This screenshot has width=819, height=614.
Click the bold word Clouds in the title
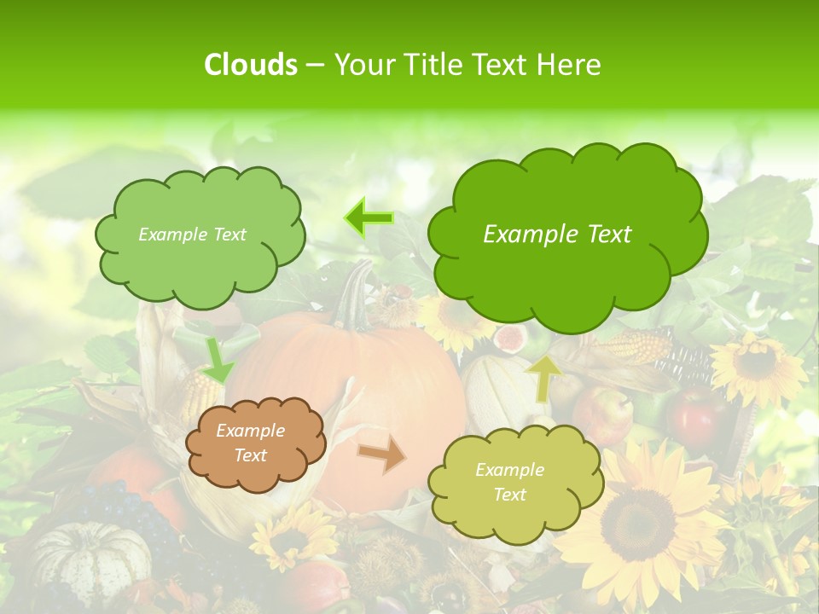[x=251, y=65]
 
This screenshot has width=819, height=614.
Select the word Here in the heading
[x=571, y=65]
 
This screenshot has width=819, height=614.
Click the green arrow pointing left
[x=369, y=217]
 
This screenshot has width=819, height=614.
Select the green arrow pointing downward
[x=218, y=359]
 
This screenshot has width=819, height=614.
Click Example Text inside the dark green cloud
[x=557, y=235]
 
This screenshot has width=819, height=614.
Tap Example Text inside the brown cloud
[x=250, y=443]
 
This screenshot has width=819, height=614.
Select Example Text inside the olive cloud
[x=509, y=482]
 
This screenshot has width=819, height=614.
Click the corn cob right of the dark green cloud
[x=636, y=346]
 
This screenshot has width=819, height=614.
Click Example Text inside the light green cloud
[x=192, y=235]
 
